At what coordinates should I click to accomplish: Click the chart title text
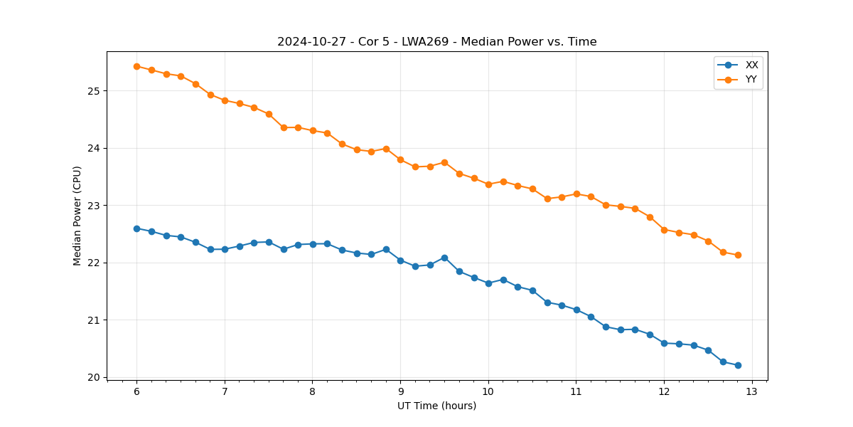tap(436, 42)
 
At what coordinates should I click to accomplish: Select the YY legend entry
tap(751, 80)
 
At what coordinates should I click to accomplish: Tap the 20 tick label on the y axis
tap(94, 377)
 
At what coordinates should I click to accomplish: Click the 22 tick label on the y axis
tap(94, 263)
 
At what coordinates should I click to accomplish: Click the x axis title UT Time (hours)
tap(436, 406)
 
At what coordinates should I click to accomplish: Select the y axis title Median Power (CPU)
tap(77, 216)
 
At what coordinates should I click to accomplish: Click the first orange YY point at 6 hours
tap(136, 66)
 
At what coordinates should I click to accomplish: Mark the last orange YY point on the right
tap(738, 255)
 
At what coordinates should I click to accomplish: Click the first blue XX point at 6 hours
tap(136, 228)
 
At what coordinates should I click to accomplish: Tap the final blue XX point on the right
tap(738, 365)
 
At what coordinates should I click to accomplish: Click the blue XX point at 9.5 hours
tap(444, 258)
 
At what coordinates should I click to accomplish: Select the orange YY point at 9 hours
tap(400, 159)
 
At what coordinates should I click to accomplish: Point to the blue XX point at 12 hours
tap(664, 343)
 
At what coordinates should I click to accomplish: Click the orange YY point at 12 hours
tap(664, 230)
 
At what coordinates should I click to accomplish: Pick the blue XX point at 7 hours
tap(225, 249)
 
